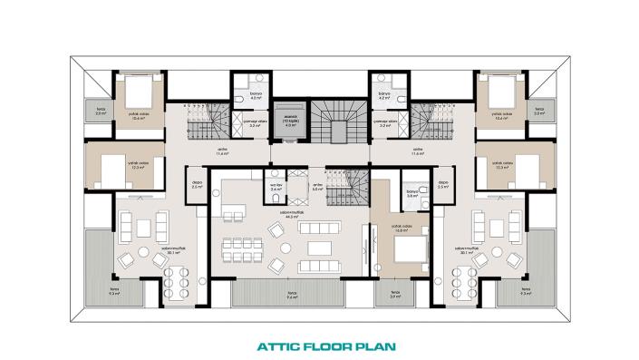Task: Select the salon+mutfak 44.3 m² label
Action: (x=292, y=216)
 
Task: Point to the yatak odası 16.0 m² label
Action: (x=396, y=229)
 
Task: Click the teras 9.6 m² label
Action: (x=293, y=295)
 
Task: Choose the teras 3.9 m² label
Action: (x=395, y=295)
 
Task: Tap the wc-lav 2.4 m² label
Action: (x=277, y=190)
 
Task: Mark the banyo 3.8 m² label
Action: (x=411, y=194)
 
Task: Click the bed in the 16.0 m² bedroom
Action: (x=412, y=247)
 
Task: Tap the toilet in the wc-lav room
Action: (x=272, y=178)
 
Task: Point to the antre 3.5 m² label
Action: (x=317, y=190)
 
